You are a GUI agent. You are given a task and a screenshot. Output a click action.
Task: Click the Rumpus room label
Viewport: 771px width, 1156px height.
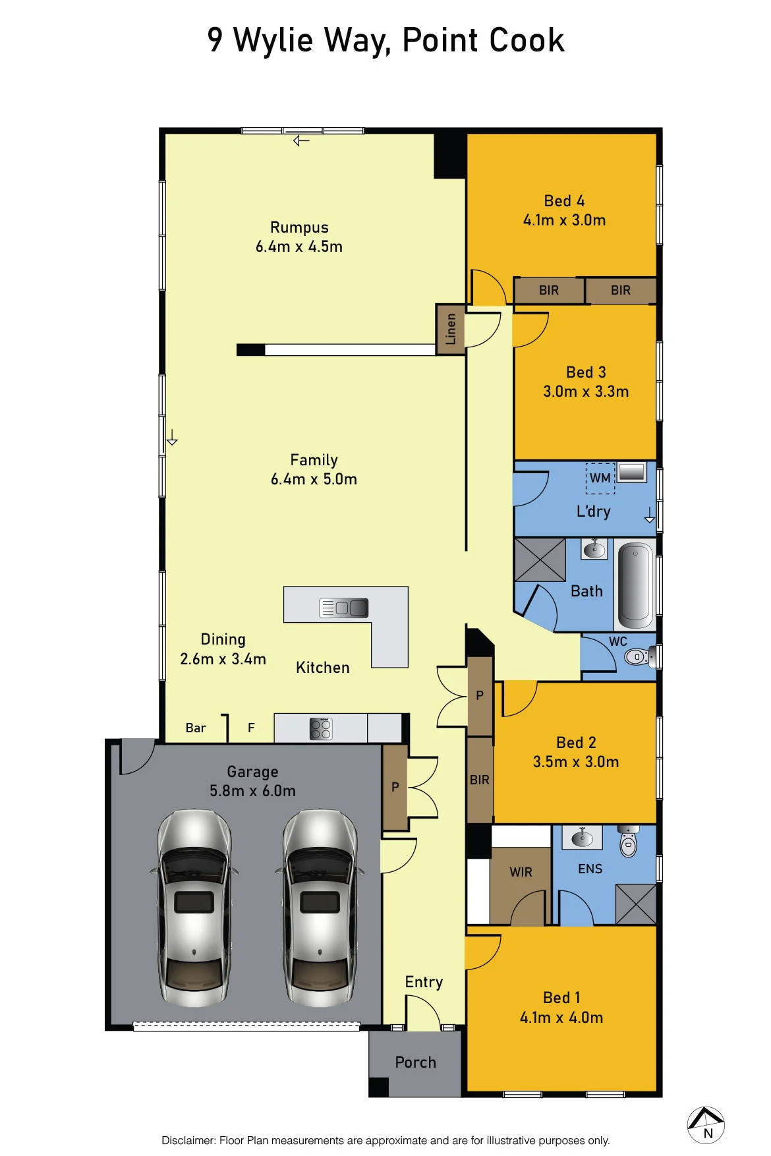[299, 227]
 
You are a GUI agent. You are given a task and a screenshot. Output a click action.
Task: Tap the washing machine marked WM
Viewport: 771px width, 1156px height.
[600, 478]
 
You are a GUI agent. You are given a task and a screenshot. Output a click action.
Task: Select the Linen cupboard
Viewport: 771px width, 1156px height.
[451, 329]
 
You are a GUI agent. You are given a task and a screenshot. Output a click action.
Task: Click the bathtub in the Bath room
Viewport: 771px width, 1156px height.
[635, 585]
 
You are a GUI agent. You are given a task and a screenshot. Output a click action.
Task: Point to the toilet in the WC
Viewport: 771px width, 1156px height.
[638, 656]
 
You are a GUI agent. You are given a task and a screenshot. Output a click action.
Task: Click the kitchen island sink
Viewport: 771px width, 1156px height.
[343, 607]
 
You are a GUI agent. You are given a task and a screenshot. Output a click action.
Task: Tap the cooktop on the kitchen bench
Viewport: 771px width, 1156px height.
[321, 728]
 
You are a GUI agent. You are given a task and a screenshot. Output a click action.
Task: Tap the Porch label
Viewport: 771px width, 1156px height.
[415, 1062]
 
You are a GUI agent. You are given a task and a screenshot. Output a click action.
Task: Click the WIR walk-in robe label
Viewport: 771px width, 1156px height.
[521, 872]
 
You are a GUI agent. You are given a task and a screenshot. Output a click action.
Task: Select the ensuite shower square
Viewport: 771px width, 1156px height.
[636, 904]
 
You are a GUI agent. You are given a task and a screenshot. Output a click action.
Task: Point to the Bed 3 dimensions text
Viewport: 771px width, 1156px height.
[586, 391]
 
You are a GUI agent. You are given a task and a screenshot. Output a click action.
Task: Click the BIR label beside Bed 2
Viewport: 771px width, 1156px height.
[480, 780]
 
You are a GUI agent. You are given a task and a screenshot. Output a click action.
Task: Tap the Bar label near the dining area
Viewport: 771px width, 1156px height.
[196, 728]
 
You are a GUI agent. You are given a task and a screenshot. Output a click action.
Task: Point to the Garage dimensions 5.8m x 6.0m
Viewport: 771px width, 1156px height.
[252, 791]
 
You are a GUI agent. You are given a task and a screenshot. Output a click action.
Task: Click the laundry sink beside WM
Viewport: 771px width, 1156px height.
[632, 473]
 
